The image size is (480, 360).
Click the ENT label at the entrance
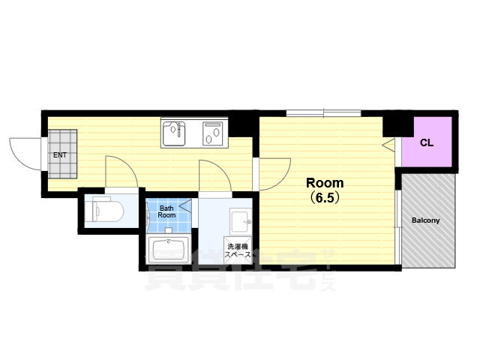click(60, 155)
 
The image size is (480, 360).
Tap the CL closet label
click(427, 142)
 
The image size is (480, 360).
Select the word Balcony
click(425, 220)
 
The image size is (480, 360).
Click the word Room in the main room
click(325, 183)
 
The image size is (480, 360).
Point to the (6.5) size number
click(325, 198)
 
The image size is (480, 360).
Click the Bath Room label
click(166, 211)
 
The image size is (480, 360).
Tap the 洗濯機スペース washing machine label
click(238, 250)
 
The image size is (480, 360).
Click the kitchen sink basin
click(174, 133)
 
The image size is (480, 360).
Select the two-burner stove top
click(213, 133)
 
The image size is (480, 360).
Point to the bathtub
click(168, 249)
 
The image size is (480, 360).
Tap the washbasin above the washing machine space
click(241, 222)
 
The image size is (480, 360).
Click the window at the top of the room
click(323, 113)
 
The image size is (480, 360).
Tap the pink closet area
click(427, 142)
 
